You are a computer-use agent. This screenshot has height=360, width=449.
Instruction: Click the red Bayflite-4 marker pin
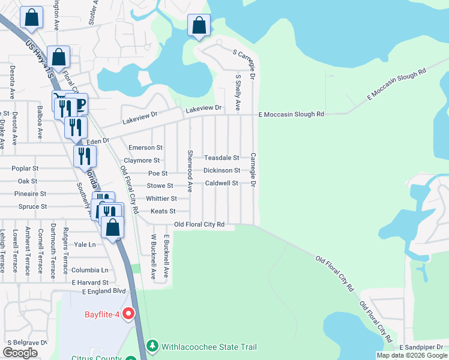coord(128,314)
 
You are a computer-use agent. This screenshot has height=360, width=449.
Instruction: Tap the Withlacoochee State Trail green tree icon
coord(152,347)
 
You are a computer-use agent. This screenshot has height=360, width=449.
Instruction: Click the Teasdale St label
coord(221,158)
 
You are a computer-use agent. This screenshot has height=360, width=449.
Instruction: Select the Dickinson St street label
coord(221,170)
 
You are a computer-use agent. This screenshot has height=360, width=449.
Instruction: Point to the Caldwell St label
coord(221,183)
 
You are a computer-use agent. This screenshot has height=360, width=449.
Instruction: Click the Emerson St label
coord(146,147)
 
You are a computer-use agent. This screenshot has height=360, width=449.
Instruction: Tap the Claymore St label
coord(142,160)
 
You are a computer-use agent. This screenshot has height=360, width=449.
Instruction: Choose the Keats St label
coord(163,211)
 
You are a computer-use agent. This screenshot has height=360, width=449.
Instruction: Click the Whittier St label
coord(161,199)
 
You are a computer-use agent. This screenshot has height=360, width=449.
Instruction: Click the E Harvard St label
coord(89,282)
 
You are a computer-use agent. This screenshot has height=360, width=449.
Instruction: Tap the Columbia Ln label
coord(89,270)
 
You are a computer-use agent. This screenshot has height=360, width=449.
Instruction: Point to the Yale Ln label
coord(85,245)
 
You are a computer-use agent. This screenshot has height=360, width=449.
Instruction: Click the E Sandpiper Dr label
coord(423,347)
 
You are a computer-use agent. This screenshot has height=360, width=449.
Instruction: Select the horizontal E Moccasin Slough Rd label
coord(291,114)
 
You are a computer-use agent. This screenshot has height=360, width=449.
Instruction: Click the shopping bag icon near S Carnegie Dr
coord(199,26)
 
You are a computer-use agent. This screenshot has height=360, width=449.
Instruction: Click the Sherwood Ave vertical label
coord(190,170)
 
